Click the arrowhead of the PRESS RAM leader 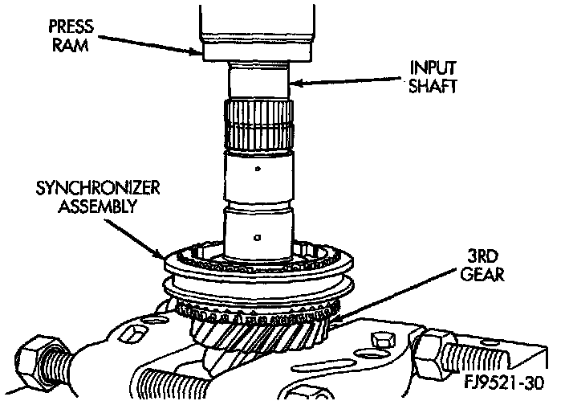201,52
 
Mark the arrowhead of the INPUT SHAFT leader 290,81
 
